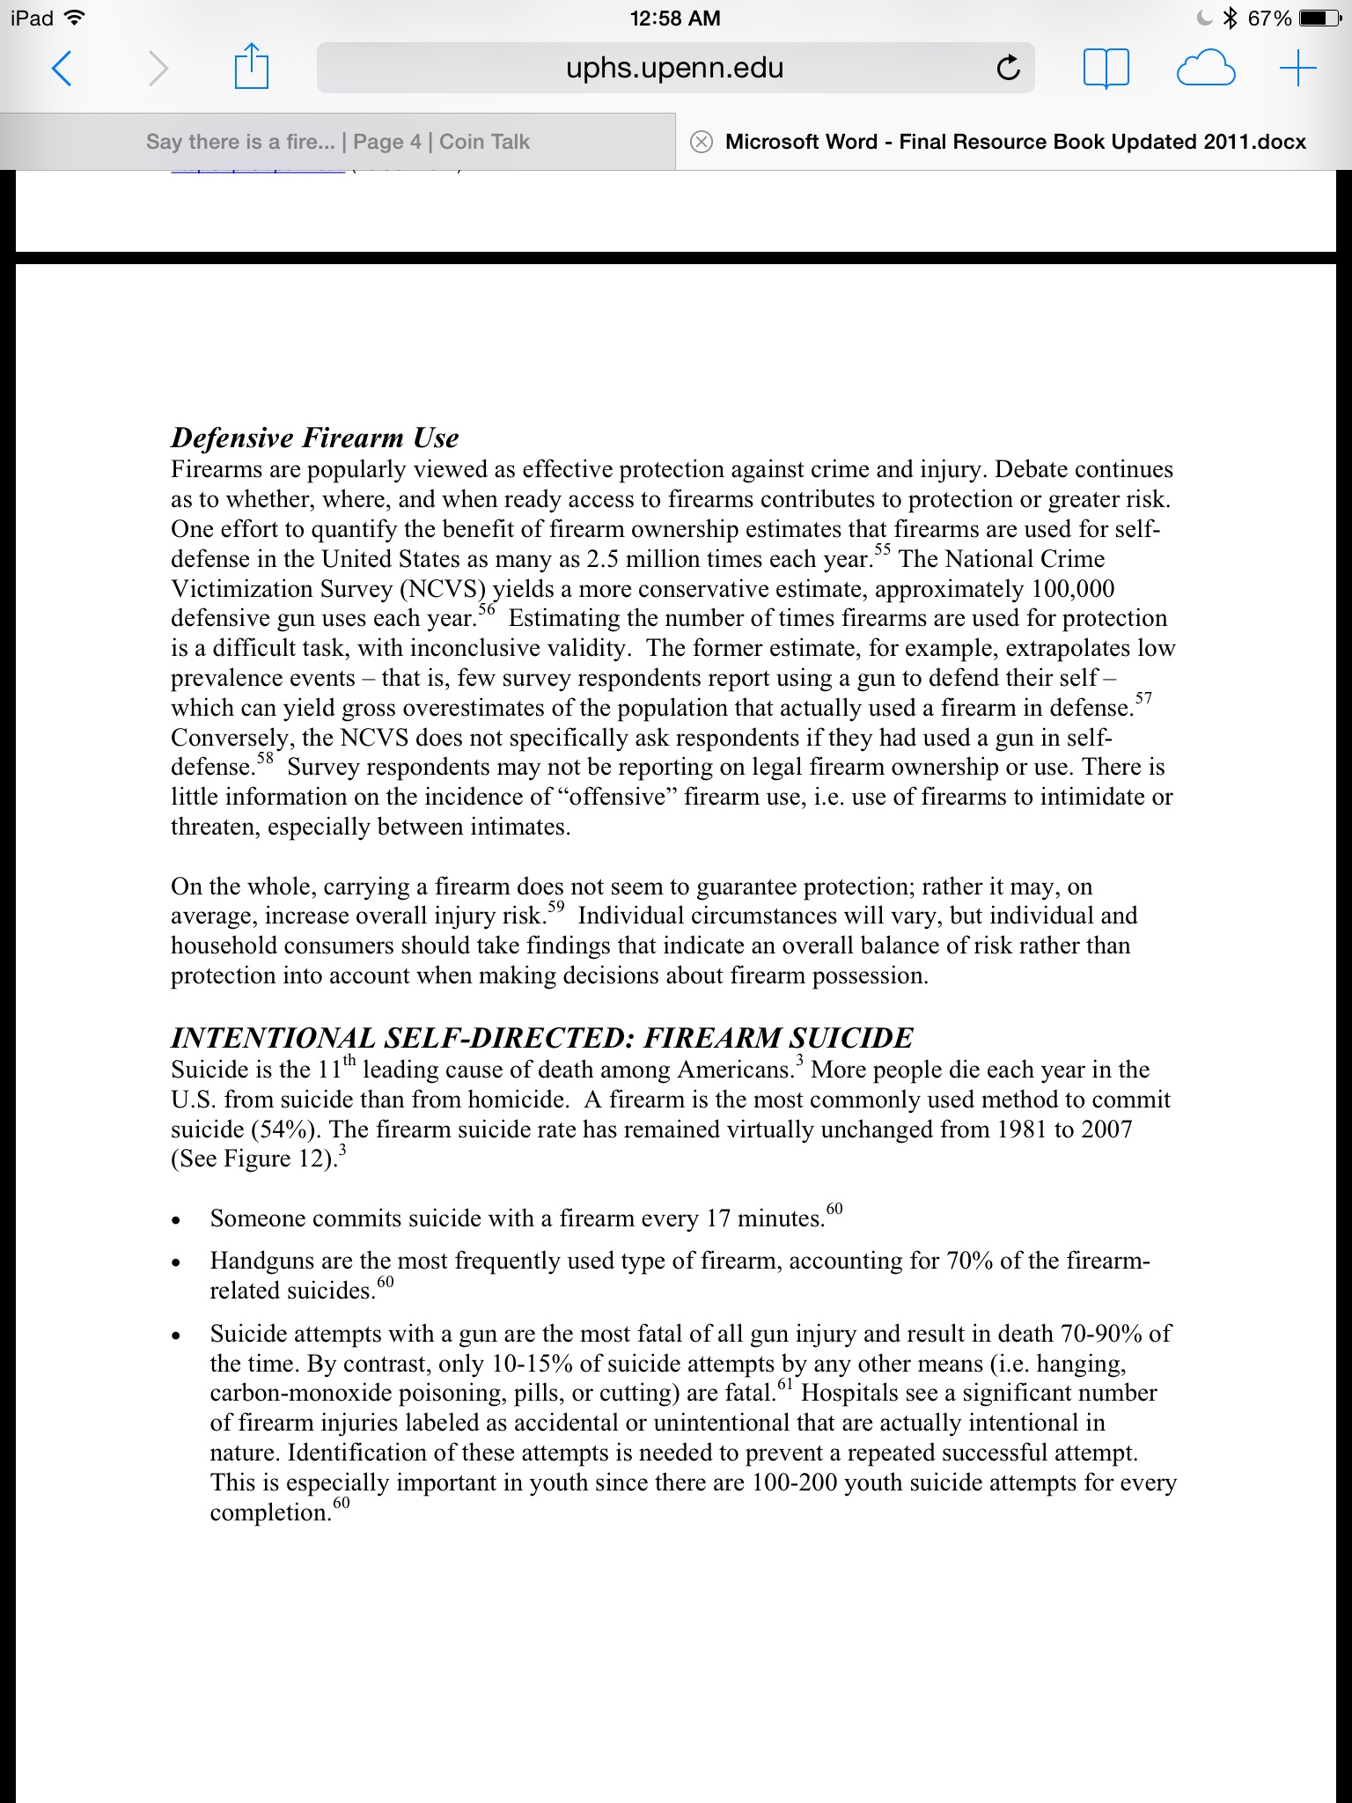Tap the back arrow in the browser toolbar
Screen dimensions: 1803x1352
click(61, 68)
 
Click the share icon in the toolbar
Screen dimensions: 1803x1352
click(251, 67)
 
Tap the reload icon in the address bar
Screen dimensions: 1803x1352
click(1008, 68)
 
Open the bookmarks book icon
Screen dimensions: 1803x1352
click(1106, 68)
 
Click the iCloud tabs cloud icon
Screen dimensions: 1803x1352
click(1205, 68)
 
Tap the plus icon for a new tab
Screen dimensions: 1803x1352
click(1297, 68)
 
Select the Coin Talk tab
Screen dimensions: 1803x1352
click(338, 142)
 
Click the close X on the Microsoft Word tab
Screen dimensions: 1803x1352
click(701, 142)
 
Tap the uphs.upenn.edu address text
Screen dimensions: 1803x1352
click(674, 68)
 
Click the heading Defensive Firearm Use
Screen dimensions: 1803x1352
click(315, 438)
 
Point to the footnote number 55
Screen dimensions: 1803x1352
click(882, 549)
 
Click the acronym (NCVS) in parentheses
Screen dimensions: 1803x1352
click(443, 589)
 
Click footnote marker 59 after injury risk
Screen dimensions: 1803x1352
click(555, 907)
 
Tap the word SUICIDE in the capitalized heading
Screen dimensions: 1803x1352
click(850, 1038)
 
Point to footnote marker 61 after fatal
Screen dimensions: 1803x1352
click(785, 1385)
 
